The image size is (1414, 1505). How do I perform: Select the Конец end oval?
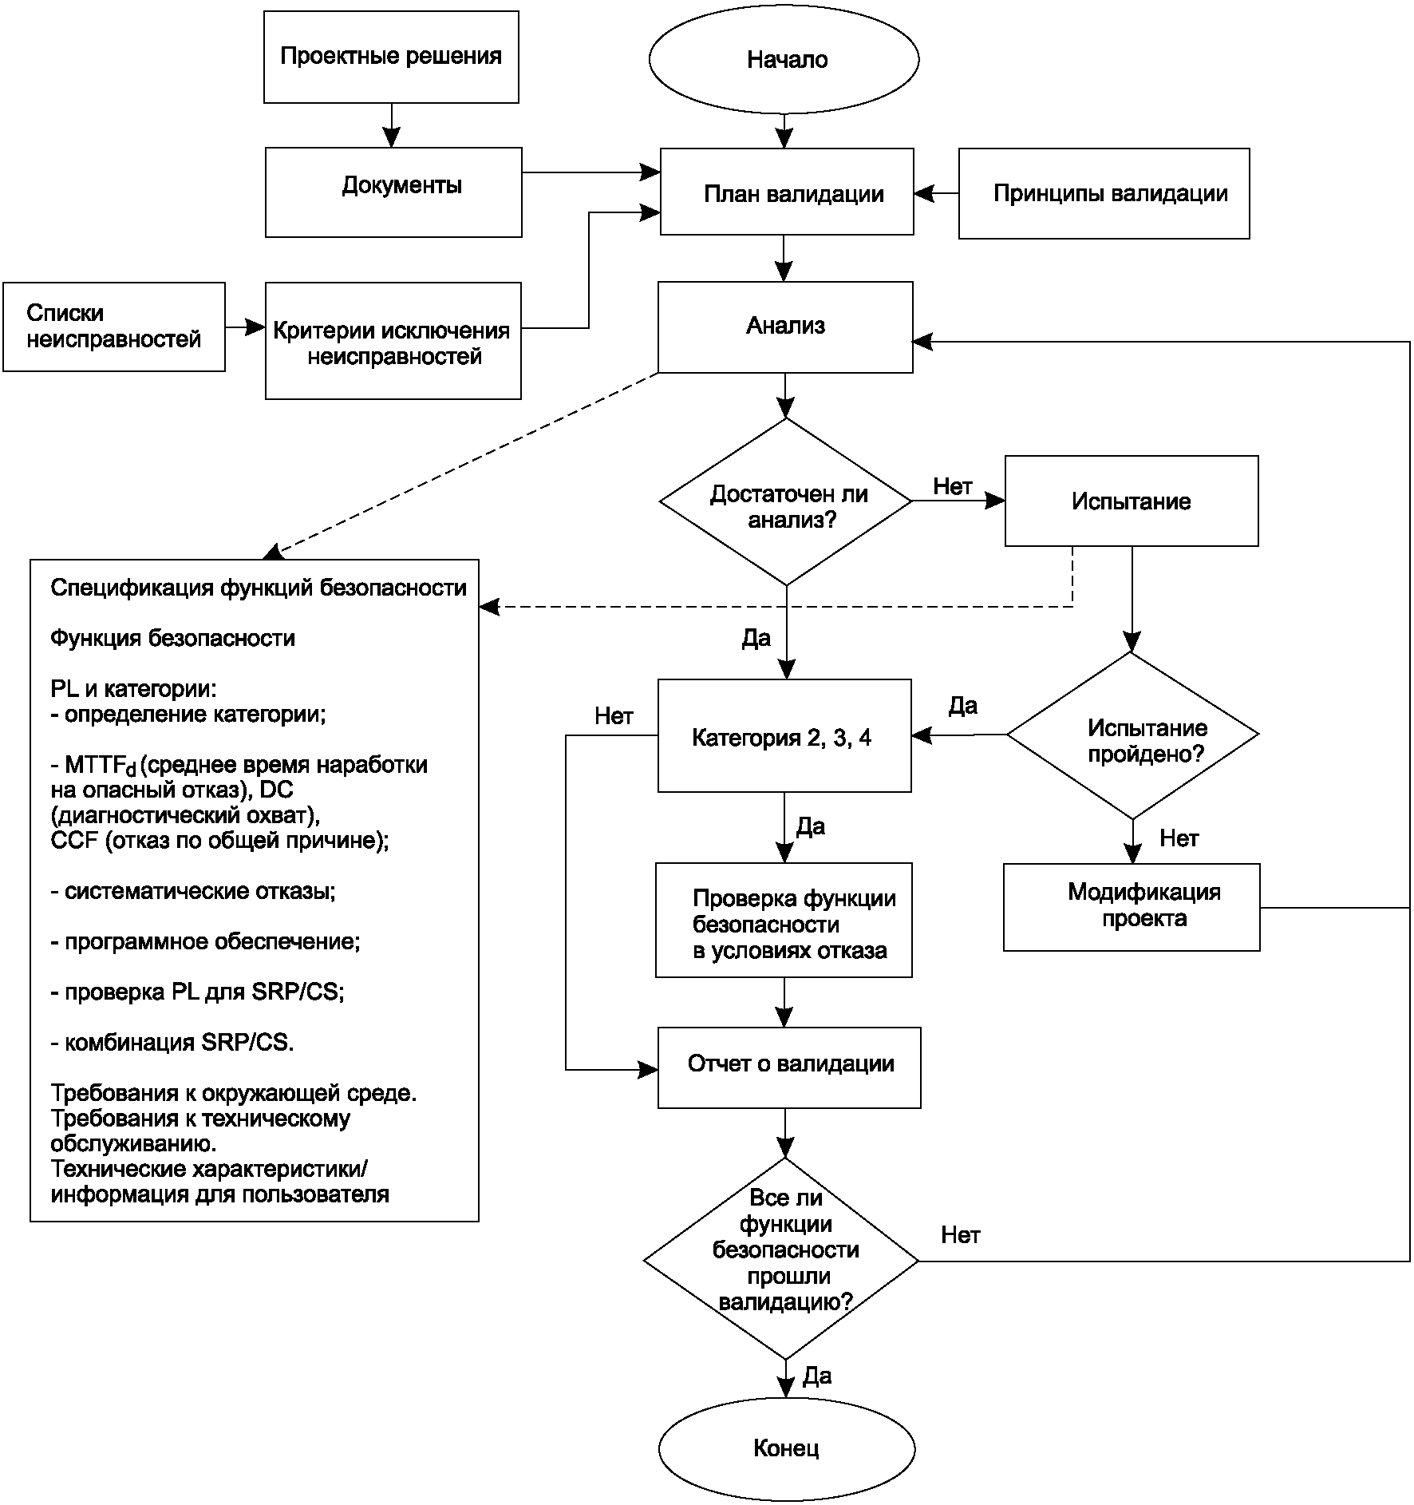[786, 1448]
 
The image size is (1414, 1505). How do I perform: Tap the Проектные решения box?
[391, 57]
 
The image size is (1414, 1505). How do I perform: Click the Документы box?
[393, 192]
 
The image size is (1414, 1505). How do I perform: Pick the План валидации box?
[787, 192]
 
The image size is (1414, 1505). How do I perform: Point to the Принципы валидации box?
[1104, 193]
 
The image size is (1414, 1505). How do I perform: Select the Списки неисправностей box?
[114, 327]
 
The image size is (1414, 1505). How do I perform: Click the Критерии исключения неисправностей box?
[393, 341]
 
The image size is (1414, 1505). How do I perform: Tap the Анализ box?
[785, 327]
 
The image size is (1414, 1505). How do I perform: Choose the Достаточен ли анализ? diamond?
[786, 502]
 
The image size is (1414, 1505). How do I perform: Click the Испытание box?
[1131, 501]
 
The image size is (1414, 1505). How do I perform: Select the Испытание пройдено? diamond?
[1132, 735]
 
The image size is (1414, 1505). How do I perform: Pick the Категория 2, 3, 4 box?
[784, 736]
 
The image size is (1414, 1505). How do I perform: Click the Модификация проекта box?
[1132, 907]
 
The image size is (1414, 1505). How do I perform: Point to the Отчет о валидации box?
[789, 1067]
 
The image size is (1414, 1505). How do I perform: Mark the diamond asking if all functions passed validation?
[782, 1261]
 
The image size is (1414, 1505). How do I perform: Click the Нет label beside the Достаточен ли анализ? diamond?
[953, 486]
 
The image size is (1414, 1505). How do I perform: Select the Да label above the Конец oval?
[817, 1375]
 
